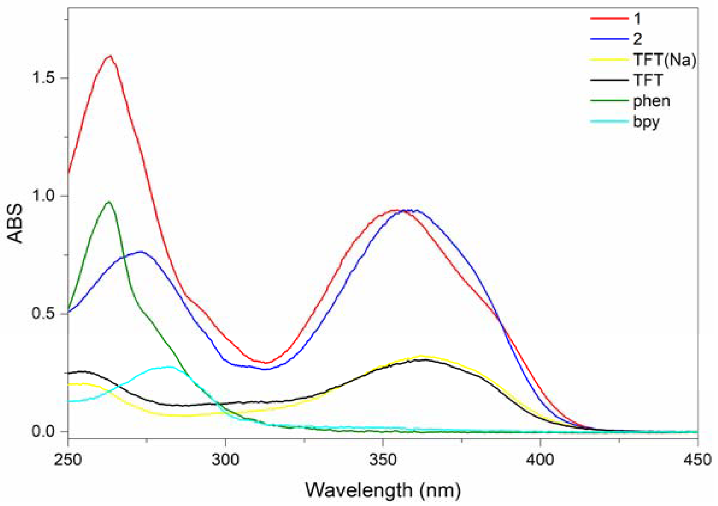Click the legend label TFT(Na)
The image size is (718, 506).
[665, 60]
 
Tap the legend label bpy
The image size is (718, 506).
[646, 122]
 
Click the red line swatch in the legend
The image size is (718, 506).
[609, 19]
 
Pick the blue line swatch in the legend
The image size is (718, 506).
[609, 39]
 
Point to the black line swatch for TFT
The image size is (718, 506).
[609, 80]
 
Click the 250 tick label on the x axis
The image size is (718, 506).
[68, 460]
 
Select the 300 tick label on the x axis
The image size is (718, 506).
[226, 460]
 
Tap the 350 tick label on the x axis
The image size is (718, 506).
[383, 460]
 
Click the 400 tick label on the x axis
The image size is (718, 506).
[540, 460]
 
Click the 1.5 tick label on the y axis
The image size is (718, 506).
[44, 78]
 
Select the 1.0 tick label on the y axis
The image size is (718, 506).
[44, 196]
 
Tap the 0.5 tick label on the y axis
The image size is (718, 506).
[44, 314]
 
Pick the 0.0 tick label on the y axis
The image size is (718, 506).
[44, 432]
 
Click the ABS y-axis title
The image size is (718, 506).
[15, 223]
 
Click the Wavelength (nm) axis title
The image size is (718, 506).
[383, 490]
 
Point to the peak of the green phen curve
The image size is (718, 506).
[109, 202]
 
